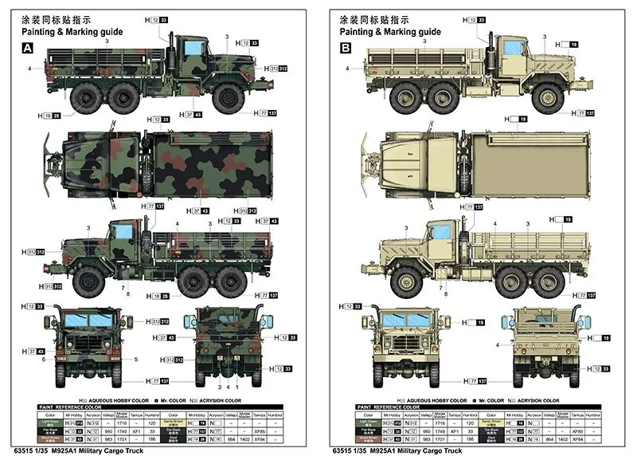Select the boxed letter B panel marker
(346, 48)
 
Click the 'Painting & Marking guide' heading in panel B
(390, 32)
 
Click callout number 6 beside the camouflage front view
(45, 360)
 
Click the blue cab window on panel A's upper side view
(193, 49)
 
